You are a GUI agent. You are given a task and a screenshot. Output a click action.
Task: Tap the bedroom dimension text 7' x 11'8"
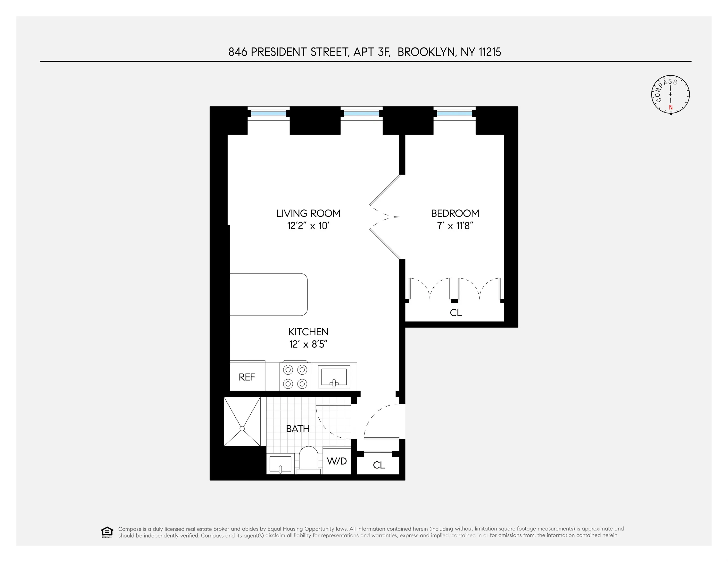(455, 226)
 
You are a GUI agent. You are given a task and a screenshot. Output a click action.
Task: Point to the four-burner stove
(295, 377)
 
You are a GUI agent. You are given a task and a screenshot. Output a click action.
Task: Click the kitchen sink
(334, 377)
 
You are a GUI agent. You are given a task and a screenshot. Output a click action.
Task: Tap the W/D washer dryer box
(337, 461)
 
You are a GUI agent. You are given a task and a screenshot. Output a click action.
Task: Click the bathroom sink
(280, 464)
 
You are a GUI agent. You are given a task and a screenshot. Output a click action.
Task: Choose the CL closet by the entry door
(379, 465)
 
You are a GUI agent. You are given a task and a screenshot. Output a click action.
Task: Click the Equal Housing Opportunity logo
(107, 532)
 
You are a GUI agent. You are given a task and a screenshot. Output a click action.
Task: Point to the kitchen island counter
(268, 294)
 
